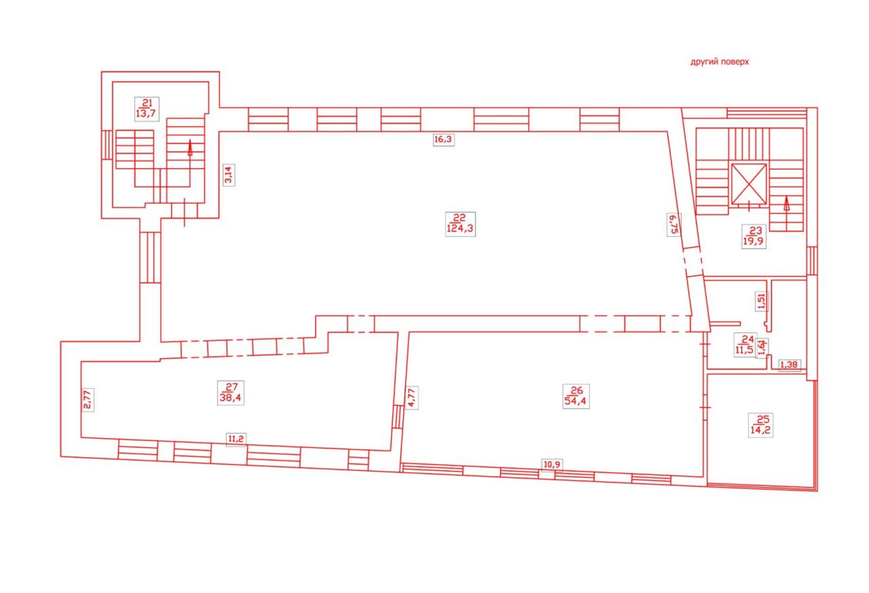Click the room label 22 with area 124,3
tap(460, 224)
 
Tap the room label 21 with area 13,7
tap(147, 109)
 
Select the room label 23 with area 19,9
tap(754, 236)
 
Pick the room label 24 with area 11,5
tap(745, 345)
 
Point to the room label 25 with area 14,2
tap(761, 425)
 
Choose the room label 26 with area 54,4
tap(576, 396)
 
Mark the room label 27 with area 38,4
tap(231, 393)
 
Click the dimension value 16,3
tap(444, 139)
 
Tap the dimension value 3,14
tap(229, 175)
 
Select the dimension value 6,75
tap(674, 225)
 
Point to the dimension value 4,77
tap(412, 398)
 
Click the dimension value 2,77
tap(87, 400)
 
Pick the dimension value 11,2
tap(236, 439)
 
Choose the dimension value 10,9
tap(552, 464)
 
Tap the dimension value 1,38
tap(789, 365)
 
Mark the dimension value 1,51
tap(762, 302)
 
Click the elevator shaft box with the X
tap(749, 184)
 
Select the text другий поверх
tap(720, 62)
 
